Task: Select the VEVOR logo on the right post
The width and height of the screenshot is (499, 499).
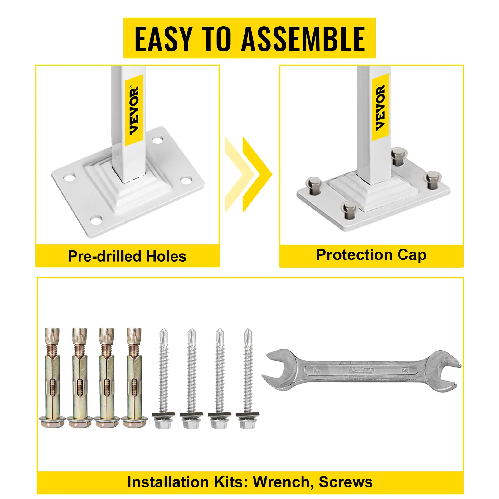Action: point(380,108)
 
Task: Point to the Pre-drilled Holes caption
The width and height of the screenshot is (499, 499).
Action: point(127,256)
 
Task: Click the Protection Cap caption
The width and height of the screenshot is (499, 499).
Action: point(371,255)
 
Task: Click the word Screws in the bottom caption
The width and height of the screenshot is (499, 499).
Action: point(346,482)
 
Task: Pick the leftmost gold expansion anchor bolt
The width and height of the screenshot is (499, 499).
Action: point(52,377)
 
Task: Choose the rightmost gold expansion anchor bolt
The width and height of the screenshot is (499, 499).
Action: point(134,377)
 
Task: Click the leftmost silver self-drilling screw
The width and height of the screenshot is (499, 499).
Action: point(163,378)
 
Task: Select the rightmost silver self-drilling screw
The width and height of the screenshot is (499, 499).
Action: point(248,378)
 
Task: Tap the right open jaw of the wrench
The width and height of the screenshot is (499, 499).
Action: point(445,371)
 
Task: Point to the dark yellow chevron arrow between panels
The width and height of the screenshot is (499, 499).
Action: point(257,175)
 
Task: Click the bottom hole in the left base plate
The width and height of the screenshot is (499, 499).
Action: point(96,220)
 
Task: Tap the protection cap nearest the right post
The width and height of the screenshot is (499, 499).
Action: point(399,156)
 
